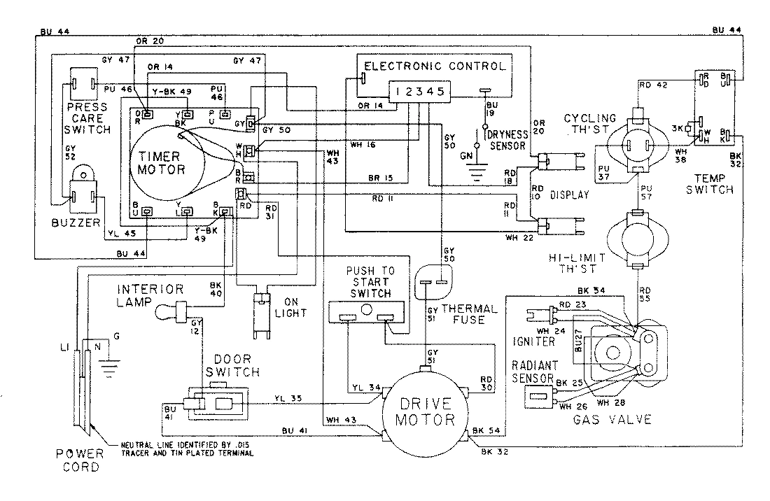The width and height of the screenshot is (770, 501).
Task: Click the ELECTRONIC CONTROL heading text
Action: coord(435,66)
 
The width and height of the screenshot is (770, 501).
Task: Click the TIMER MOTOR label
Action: coord(161,163)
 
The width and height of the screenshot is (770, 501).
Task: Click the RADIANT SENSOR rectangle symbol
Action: coord(538,397)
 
